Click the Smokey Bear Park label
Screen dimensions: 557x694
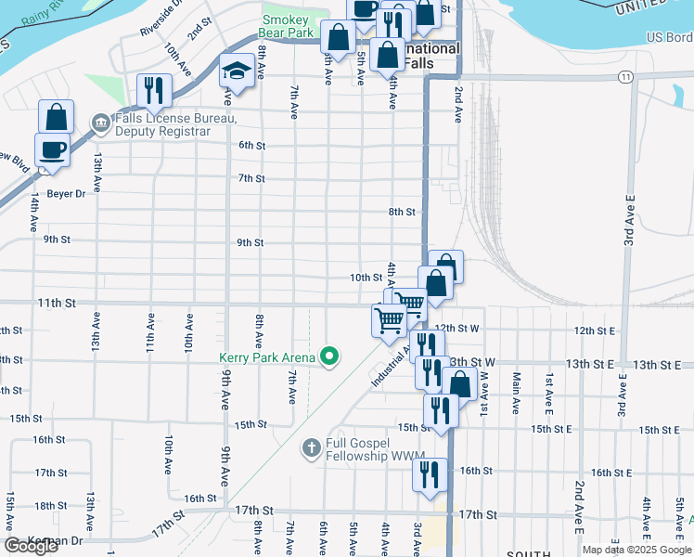[287, 26]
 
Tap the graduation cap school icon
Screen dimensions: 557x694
[238, 71]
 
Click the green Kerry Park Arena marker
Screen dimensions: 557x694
[328, 356]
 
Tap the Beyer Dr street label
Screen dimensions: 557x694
[66, 194]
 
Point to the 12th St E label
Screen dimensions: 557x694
[595, 330]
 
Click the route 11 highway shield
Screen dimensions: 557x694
[627, 76]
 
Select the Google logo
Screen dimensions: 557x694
[31, 546]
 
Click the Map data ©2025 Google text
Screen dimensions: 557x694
[636, 550]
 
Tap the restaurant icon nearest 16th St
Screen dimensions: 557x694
[430, 474]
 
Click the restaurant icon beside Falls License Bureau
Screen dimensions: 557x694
[151, 89]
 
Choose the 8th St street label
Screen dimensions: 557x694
[402, 212]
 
